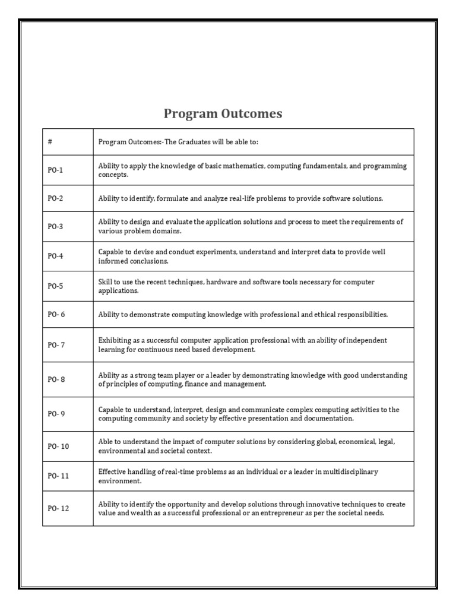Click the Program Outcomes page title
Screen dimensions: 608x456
tap(223, 113)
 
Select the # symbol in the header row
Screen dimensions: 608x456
tap(50, 142)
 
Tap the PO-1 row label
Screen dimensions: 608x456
tap(55, 170)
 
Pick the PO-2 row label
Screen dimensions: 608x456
tap(55, 198)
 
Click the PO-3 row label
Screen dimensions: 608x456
tap(55, 227)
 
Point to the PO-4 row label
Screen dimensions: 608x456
tap(55, 256)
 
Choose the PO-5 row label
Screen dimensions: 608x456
tap(55, 286)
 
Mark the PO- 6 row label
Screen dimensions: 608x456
tap(56, 315)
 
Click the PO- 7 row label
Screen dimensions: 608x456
tap(56, 345)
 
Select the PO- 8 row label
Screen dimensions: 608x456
tap(56, 380)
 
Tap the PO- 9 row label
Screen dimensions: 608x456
tap(56, 414)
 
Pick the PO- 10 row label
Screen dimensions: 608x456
tap(58, 446)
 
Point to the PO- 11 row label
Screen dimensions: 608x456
tap(58, 476)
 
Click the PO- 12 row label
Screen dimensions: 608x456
tap(58, 509)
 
